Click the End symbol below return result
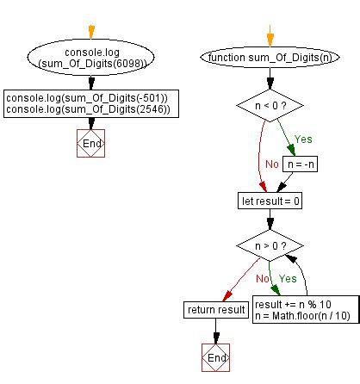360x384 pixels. [215, 356]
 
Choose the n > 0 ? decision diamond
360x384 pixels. [268, 246]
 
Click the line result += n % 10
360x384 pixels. [292, 302]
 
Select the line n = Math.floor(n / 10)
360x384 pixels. [303, 314]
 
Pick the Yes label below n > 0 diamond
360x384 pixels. [287, 280]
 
